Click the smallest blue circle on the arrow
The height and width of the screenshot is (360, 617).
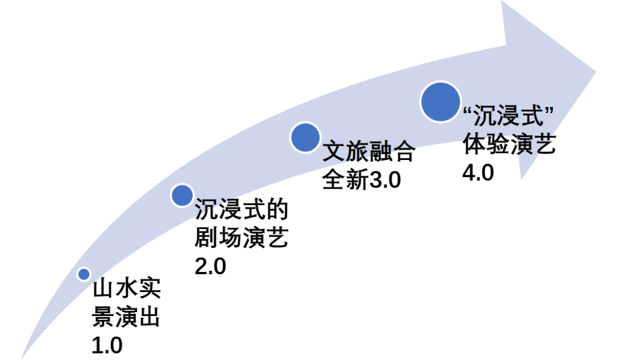[84, 274]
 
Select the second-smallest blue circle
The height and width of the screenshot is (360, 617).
[182, 195]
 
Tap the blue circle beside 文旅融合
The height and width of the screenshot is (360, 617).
[305, 137]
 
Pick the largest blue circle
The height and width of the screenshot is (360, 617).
[440, 102]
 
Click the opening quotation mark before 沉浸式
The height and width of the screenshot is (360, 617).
[467, 111]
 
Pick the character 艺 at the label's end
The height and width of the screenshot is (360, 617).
[543, 145]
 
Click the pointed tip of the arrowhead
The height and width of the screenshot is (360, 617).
[595, 71]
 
